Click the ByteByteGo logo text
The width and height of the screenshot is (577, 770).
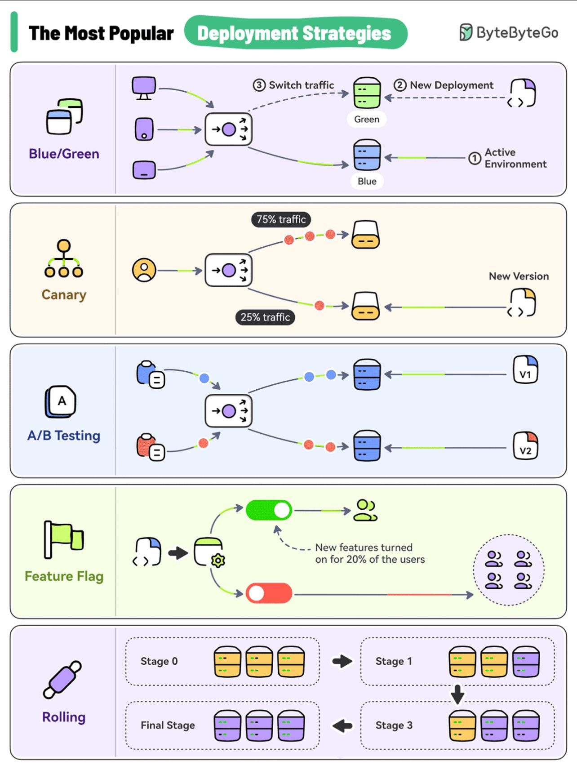pyautogui.click(x=517, y=33)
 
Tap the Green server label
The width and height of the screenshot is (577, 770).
pyautogui.click(x=367, y=119)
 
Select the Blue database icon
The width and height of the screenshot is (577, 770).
pyautogui.click(x=367, y=156)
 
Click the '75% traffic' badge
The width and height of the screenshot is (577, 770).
pyautogui.click(x=281, y=219)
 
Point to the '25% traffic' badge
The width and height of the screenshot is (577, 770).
pyautogui.click(x=265, y=317)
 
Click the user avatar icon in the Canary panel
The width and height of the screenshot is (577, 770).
pyautogui.click(x=144, y=270)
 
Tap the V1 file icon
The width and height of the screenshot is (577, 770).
pyautogui.click(x=525, y=370)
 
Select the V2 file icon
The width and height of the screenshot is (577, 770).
pyautogui.click(x=525, y=446)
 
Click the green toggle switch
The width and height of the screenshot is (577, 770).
pyautogui.click(x=269, y=510)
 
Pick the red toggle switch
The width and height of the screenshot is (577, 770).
pyautogui.click(x=269, y=593)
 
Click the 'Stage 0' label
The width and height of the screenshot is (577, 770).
pyautogui.click(x=159, y=661)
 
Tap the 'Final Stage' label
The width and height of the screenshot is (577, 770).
pyautogui.click(x=168, y=725)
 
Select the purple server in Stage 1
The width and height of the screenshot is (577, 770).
pyautogui.click(x=526, y=662)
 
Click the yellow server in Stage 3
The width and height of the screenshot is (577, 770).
pyautogui.click(x=462, y=725)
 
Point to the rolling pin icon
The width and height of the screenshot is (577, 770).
pyautogui.click(x=62, y=680)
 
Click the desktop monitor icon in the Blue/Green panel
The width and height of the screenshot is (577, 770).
pyautogui.click(x=144, y=88)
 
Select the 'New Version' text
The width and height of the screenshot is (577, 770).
pyautogui.click(x=519, y=276)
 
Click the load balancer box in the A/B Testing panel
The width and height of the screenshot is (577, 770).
pyautogui.click(x=228, y=411)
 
